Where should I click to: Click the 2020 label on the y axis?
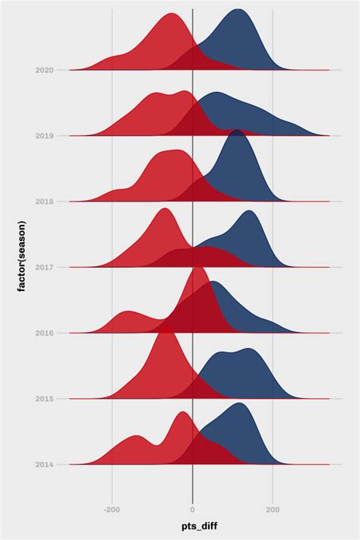pos(44,70)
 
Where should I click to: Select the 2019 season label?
pos(44,136)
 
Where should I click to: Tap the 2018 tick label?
pos(44,201)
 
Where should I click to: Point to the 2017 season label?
pos(44,267)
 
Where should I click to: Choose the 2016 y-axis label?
pos(44,333)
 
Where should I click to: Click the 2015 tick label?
pos(44,399)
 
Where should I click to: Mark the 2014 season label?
pos(44,464)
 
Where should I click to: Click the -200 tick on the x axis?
pos(112,510)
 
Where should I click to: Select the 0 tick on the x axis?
pos(193,510)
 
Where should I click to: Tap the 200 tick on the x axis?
pos(273,510)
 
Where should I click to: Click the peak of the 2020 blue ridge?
pos(238,10)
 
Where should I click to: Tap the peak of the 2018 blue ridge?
pos(238,131)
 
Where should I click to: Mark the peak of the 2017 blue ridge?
pos(249,211)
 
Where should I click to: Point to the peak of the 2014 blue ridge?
pos(241,403)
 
